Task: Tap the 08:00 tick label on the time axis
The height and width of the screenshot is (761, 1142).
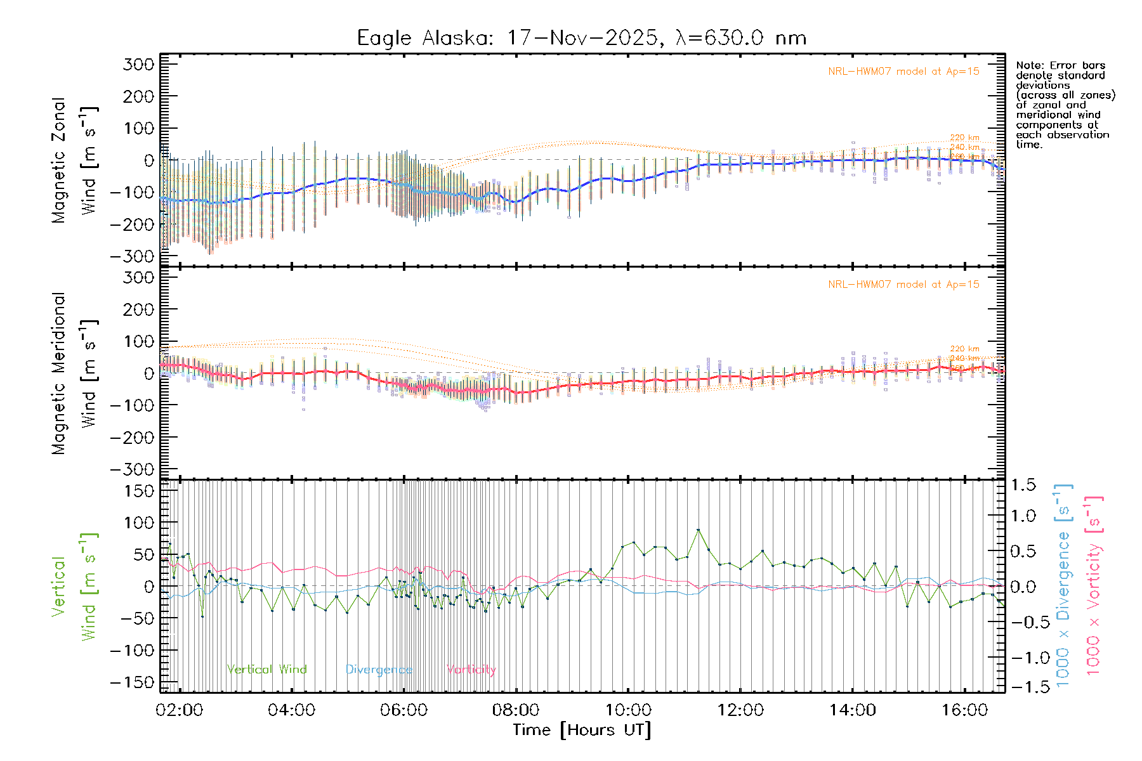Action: click(516, 710)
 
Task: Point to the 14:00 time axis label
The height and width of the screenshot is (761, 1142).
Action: click(852, 710)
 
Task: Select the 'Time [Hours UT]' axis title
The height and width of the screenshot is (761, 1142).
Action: click(582, 730)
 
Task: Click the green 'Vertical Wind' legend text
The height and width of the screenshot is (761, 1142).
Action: click(266, 670)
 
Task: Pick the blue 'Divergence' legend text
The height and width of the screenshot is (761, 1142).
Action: click(379, 670)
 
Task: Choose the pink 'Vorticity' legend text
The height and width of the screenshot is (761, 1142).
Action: click(471, 670)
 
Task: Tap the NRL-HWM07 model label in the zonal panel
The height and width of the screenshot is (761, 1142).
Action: click(903, 72)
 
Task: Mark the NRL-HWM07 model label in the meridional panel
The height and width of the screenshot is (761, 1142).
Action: click(903, 285)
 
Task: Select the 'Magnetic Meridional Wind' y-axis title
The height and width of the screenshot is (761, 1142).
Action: click(74, 374)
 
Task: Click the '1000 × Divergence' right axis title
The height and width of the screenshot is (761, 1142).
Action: click(1063, 585)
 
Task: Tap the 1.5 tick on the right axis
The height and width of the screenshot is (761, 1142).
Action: click(1023, 485)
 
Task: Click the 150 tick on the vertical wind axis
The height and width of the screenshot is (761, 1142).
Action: click(139, 491)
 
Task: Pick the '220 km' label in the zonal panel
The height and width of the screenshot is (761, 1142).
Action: click(964, 138)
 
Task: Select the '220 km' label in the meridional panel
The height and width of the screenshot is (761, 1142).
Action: click(964, 349)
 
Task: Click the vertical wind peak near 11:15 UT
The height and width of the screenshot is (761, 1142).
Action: click(699, 530)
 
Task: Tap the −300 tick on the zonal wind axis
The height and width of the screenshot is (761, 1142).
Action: click(132, 256)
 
